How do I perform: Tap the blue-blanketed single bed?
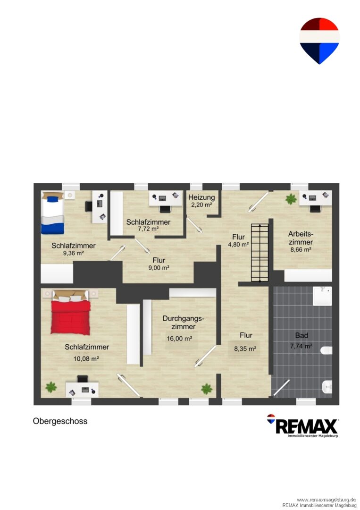pos(52,212)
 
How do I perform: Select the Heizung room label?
pos(201,197)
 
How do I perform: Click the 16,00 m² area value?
pos(179,339)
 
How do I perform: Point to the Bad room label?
pos(301,335)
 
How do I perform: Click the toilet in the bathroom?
pos(326,350)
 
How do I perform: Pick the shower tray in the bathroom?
pos(322,296)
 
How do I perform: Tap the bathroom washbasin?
pos(327,387)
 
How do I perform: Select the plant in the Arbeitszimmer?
pos(291,199)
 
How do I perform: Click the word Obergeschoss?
pos(60,421)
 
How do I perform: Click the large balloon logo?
pos(319,41)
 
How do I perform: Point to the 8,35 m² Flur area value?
pos(245,349)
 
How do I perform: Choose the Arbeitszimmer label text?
pos(301,238)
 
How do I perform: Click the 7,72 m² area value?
pos(148,229)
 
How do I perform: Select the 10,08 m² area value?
pos(86,359)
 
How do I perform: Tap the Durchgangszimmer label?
pos(183,323)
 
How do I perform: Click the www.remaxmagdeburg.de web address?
pos(326,500)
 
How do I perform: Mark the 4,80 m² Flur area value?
pos(238,244)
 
